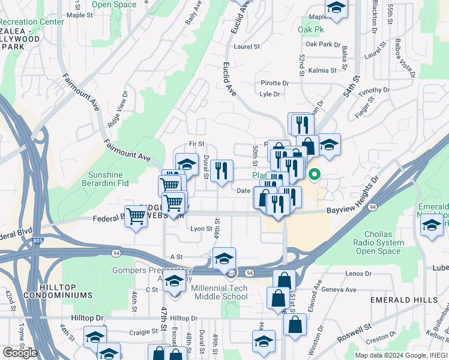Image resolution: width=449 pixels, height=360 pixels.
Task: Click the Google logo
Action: [x=20, y=353]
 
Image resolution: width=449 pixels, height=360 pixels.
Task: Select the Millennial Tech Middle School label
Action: [x=218, y=292]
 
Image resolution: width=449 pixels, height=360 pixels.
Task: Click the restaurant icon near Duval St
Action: [x=222, y=171]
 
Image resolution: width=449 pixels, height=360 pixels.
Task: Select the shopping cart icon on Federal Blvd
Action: [x=136, y=216]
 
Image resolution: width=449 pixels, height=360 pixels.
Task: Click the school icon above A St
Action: [x=224, y=259]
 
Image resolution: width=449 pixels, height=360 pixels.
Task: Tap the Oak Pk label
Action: [x=310, y=29]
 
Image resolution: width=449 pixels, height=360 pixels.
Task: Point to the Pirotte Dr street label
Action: [x=275, y=83]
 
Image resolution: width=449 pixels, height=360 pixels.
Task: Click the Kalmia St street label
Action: [x=322, y=70]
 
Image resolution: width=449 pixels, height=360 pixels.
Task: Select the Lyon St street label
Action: [x=201, y=229]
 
